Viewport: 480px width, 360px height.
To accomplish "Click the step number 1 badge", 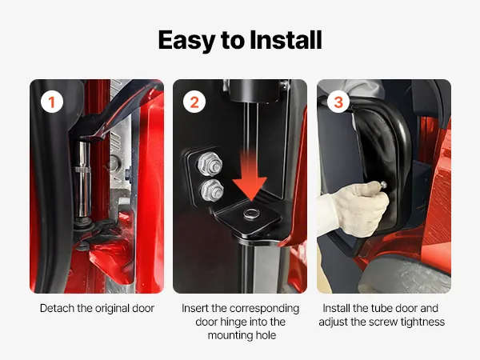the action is coord(52,102).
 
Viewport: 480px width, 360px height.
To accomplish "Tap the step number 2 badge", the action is coord(194,102).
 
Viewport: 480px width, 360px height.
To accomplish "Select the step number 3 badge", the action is coord(338,102).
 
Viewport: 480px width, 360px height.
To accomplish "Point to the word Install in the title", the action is coord(286,40).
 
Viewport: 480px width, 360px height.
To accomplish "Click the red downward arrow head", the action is coord(249,188).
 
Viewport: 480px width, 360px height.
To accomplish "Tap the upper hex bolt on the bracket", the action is coord(210,165).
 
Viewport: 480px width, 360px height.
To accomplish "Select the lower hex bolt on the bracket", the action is coord(212,190).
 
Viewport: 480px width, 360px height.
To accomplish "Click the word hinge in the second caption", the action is coord(235,322).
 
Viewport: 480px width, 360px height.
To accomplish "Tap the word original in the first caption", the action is coord(112,308).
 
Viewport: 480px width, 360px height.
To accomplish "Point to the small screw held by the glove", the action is coord(382,185).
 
